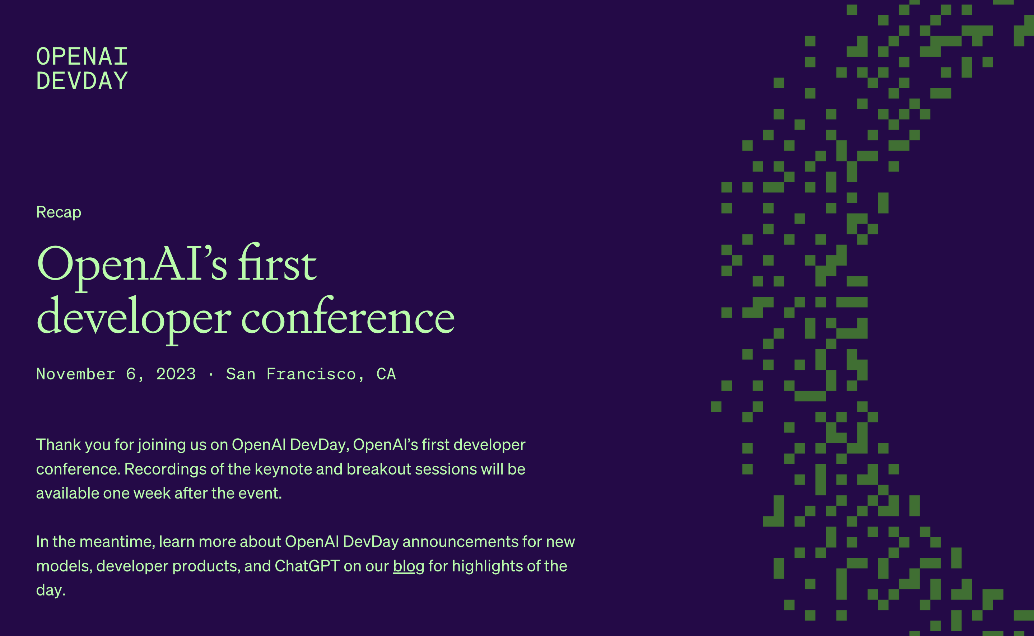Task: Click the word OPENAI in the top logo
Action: (x=81, y=56)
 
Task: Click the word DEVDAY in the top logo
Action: (x=81, y=81)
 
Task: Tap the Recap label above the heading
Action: (x=59, y=212)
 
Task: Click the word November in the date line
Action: (x=76, y=374)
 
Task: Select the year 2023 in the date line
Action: (x=176, y=374)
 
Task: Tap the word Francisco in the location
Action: (x=311, y=374)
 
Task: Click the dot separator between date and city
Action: (x=211, y=374)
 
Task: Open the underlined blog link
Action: (x=408, y=566)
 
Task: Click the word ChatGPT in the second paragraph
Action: (x=307, y=566)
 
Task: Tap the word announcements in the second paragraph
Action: (x=460, y=542)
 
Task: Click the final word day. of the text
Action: (x=51, y=590)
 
